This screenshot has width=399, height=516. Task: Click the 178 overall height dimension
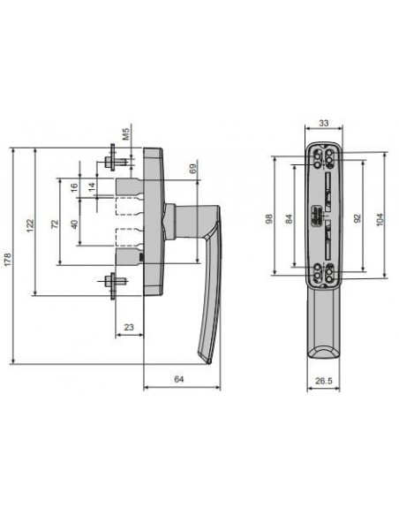point(8,259)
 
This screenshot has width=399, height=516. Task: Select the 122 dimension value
point(30,225)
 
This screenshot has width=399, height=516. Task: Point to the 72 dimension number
point(56,224)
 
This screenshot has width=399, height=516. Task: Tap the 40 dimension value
point(75,224)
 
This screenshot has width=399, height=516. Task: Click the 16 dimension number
point(75,187)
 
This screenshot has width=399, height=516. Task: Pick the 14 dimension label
point(93,187)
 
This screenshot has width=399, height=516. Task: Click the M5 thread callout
point(126,134)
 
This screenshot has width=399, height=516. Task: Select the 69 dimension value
point(193,169)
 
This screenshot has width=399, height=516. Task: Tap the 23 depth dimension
point(129,327)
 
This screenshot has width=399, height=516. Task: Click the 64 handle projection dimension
point(179,379)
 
